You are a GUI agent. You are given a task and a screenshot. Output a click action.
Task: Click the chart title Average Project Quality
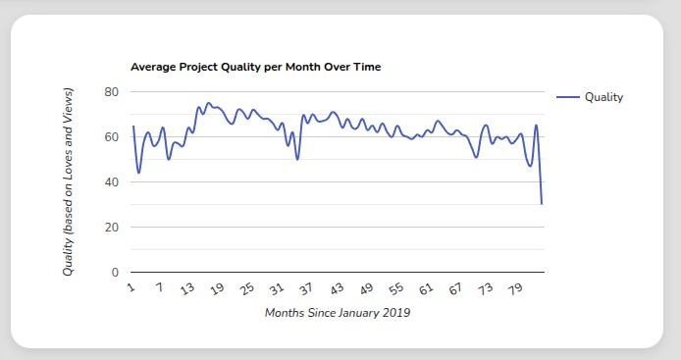coord(255,67)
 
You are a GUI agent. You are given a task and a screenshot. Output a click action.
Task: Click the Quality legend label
coord(603,97)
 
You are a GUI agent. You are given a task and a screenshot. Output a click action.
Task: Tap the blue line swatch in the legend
coord(568,97)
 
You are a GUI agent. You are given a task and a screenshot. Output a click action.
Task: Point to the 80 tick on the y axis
coord(111,92)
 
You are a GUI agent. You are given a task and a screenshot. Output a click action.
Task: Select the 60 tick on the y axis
coord(111,137)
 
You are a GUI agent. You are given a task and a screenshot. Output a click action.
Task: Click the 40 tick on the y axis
coord(111,182)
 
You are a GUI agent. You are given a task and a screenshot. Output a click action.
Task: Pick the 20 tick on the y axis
coord(111,228)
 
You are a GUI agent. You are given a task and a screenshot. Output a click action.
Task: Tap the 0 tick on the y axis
coord(115,273)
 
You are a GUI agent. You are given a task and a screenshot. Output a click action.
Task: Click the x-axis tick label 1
coord(130,287)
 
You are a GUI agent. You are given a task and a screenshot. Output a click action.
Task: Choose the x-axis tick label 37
coord(306,289)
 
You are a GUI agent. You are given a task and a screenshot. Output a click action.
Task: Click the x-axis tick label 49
coord(366,289)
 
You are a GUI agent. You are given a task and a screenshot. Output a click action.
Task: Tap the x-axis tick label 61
coord(426,289)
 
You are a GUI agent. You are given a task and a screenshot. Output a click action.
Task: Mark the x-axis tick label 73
coord(486,289)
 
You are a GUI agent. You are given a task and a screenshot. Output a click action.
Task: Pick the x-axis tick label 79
coord(515,289)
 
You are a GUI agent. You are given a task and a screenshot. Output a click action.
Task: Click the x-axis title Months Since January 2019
coord(337,314)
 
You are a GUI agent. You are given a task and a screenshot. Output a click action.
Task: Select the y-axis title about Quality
coord(68,181)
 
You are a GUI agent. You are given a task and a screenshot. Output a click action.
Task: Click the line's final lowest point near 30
coord(542,204)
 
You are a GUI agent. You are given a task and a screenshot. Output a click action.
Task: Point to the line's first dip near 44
coord(138,173)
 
